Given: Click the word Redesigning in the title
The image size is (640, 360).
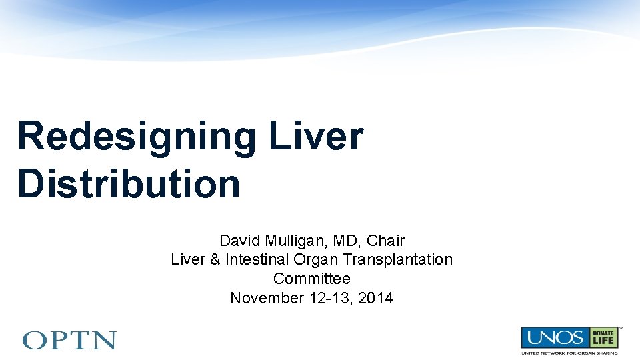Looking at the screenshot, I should (137, 137).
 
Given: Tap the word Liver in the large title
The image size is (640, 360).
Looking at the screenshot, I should (316, 136).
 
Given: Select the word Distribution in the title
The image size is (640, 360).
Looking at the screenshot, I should (129, 183).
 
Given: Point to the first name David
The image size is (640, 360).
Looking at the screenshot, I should (241, 241).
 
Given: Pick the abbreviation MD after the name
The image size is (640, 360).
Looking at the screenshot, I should (347, 241).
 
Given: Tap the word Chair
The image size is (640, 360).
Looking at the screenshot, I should (386, 241).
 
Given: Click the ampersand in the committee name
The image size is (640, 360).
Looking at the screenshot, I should (215, 259).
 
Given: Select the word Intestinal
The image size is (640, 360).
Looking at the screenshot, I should (255, 259).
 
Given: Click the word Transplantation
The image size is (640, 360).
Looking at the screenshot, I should (397, 259).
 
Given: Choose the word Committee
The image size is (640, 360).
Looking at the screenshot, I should (311, 279).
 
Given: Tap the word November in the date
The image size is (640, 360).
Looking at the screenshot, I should (267, 298).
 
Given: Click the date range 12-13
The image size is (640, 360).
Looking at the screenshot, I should (331, 298).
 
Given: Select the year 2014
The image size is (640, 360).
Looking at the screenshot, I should (375, 298).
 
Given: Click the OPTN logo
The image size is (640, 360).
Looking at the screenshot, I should (69, 341).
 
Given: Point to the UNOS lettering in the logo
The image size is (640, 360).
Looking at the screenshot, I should (552, 337).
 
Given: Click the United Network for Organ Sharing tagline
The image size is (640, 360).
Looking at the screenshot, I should (569, 353).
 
